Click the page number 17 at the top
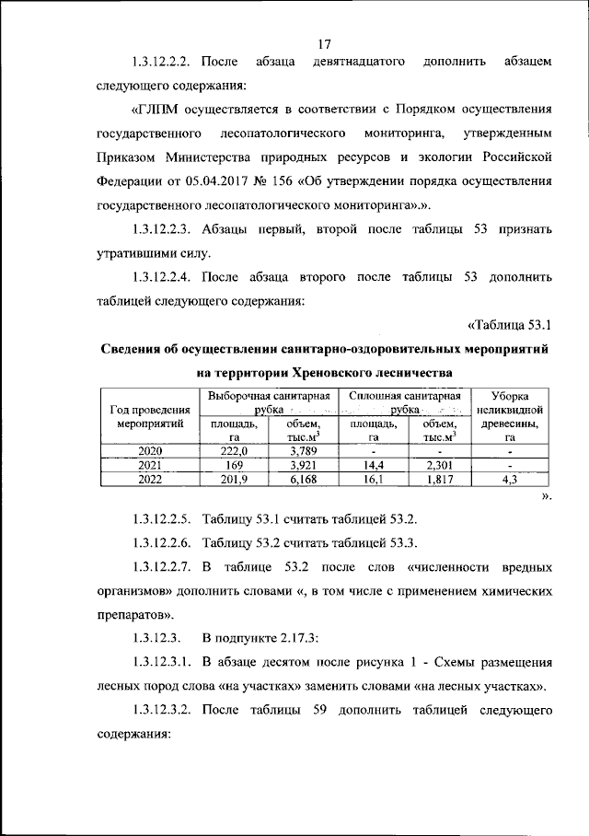pos(323,44)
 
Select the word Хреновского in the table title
pos(330,373)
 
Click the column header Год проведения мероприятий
pos(150,417)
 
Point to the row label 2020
pos(150,451)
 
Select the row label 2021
pos(150,465)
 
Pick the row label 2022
pos(150,479)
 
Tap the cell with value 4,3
pos(509,479)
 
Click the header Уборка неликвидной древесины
pos(509,416)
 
